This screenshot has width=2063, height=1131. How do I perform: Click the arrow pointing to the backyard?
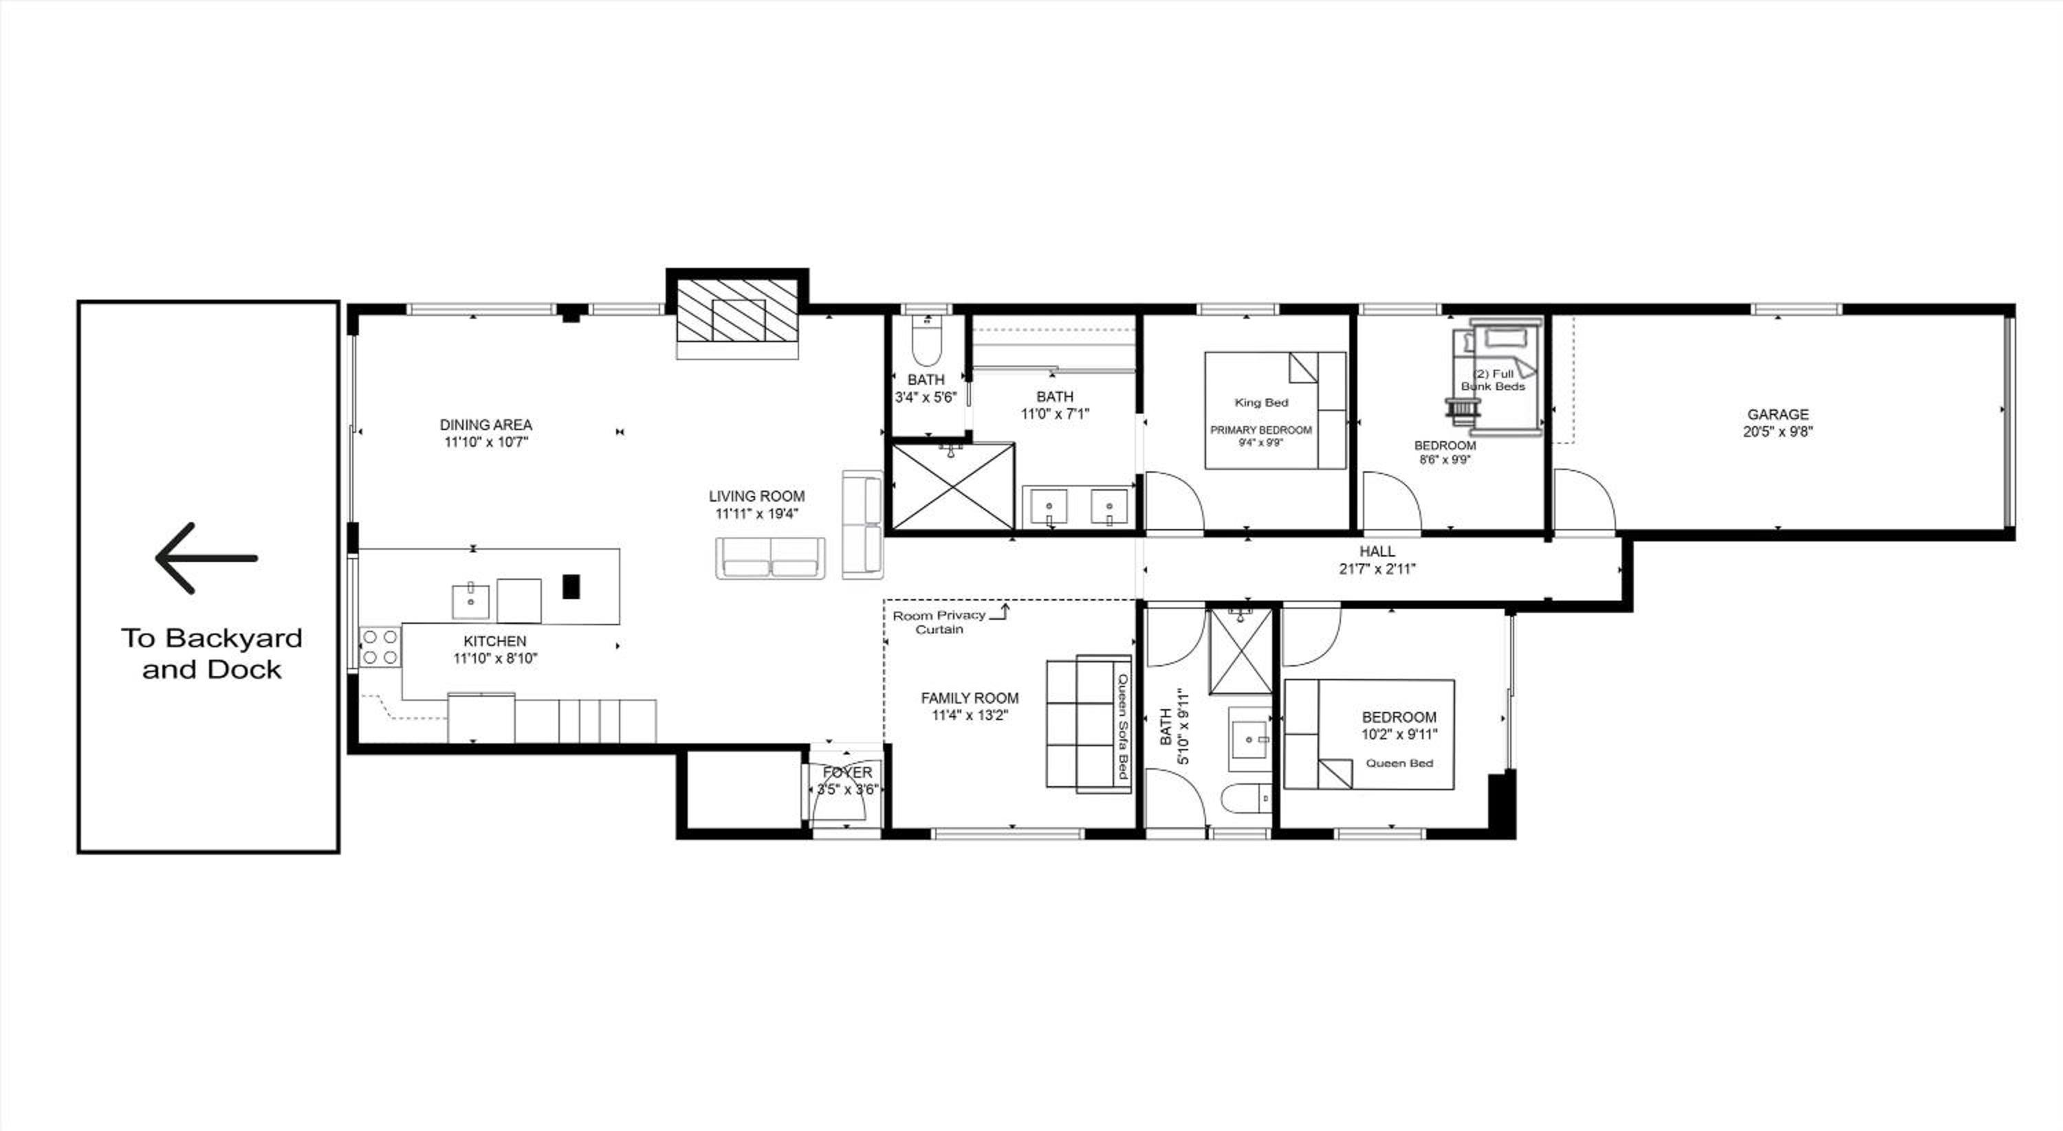[x=206, y=558]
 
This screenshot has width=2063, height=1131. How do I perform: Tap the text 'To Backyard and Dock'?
[x=211, y=653]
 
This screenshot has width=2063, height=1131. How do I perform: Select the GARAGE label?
[x=1778, y=414]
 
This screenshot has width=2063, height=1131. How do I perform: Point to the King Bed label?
[x=1261, y=403]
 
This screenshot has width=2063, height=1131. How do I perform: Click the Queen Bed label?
[x=1399, y=763]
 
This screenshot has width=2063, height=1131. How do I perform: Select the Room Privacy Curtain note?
[x=939, y=622]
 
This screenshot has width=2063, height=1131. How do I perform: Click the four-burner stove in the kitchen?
[x=380, y=647]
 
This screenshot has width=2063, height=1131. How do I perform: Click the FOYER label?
[x=847, y=772]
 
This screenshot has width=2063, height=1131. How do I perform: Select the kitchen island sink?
[x=471, y=601]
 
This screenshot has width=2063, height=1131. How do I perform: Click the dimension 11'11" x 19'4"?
[x=757, y=514]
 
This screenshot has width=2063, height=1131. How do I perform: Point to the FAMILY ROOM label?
[x=970, y=698]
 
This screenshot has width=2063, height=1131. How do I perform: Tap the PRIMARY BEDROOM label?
[x=1261, y=430]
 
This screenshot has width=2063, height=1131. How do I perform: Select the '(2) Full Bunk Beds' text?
[x=1494, y=379]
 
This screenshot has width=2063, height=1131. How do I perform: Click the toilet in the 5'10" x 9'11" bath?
[x=1247, y=797]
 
